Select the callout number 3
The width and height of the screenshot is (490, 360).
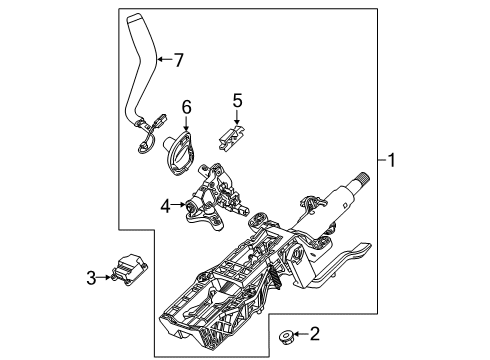pos(91,277)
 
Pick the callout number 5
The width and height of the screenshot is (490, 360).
pos(237,100)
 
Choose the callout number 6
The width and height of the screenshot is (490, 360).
pos(186,107)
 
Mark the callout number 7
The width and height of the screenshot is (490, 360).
pos(179,60)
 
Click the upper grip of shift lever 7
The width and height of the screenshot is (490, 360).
pos(141,45)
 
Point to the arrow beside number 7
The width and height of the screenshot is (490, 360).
pos(164,60)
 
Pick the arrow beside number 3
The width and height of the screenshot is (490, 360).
pos(107,277)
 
